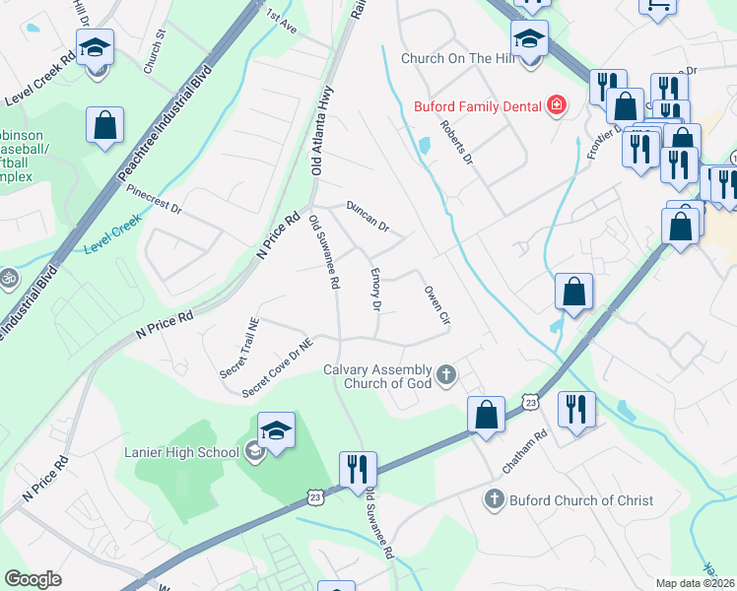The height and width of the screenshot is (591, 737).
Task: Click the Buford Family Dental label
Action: click(473, 103)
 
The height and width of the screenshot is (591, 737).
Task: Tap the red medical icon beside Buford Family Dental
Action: click(557, 103)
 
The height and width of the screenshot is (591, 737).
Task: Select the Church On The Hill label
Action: click(458, 58)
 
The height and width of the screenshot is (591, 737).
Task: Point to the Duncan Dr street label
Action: click(368, 216)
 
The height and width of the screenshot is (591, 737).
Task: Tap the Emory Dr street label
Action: click(374, 289)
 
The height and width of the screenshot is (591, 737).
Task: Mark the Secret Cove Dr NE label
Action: click(280, 369)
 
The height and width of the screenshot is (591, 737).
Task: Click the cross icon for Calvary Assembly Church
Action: click(446, 374)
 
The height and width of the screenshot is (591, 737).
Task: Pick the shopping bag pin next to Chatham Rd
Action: click(486, 414)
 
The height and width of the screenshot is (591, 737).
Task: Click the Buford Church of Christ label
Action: click(580, 500)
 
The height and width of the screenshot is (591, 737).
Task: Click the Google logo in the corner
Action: click(33, 578)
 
